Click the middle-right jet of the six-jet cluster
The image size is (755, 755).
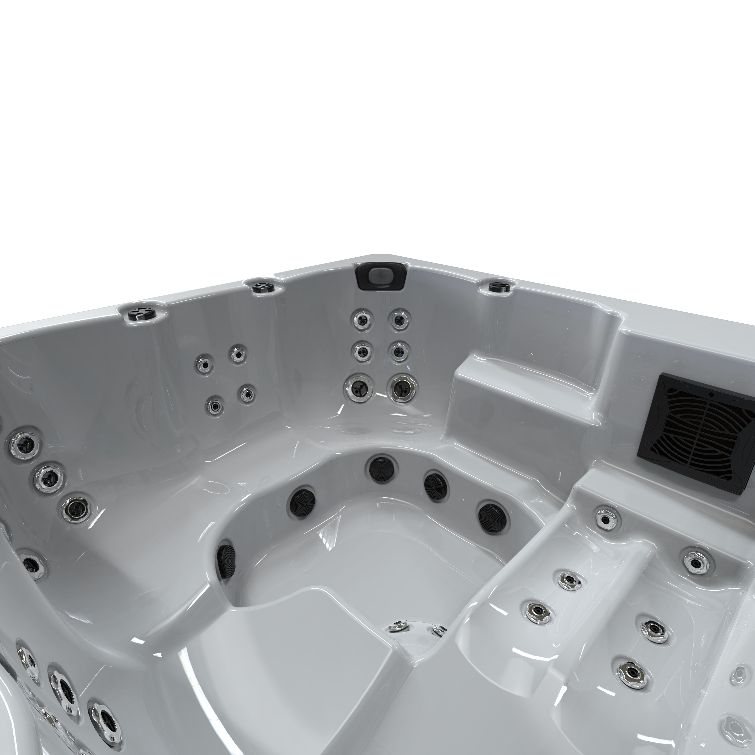pos(399,352)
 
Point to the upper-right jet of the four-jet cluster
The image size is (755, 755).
pos(237,354)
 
